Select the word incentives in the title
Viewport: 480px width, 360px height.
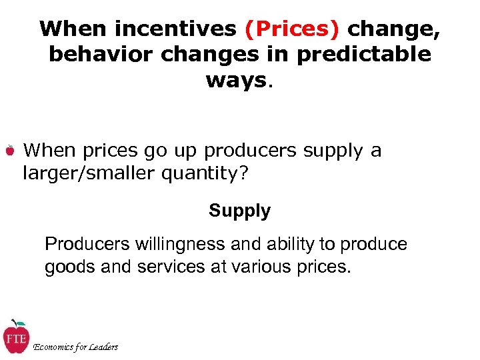[x=175, y=29]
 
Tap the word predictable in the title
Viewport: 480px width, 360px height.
[x=364, y=55]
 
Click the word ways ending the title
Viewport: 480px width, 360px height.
[x=235, y=80]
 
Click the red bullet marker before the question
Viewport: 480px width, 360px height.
[x=10, y=151]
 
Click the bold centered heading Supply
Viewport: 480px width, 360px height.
[x=239, y=211]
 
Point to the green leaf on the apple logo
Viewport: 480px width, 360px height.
[x=21, y=323]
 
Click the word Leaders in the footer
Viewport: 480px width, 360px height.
[x=103, y=347]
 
